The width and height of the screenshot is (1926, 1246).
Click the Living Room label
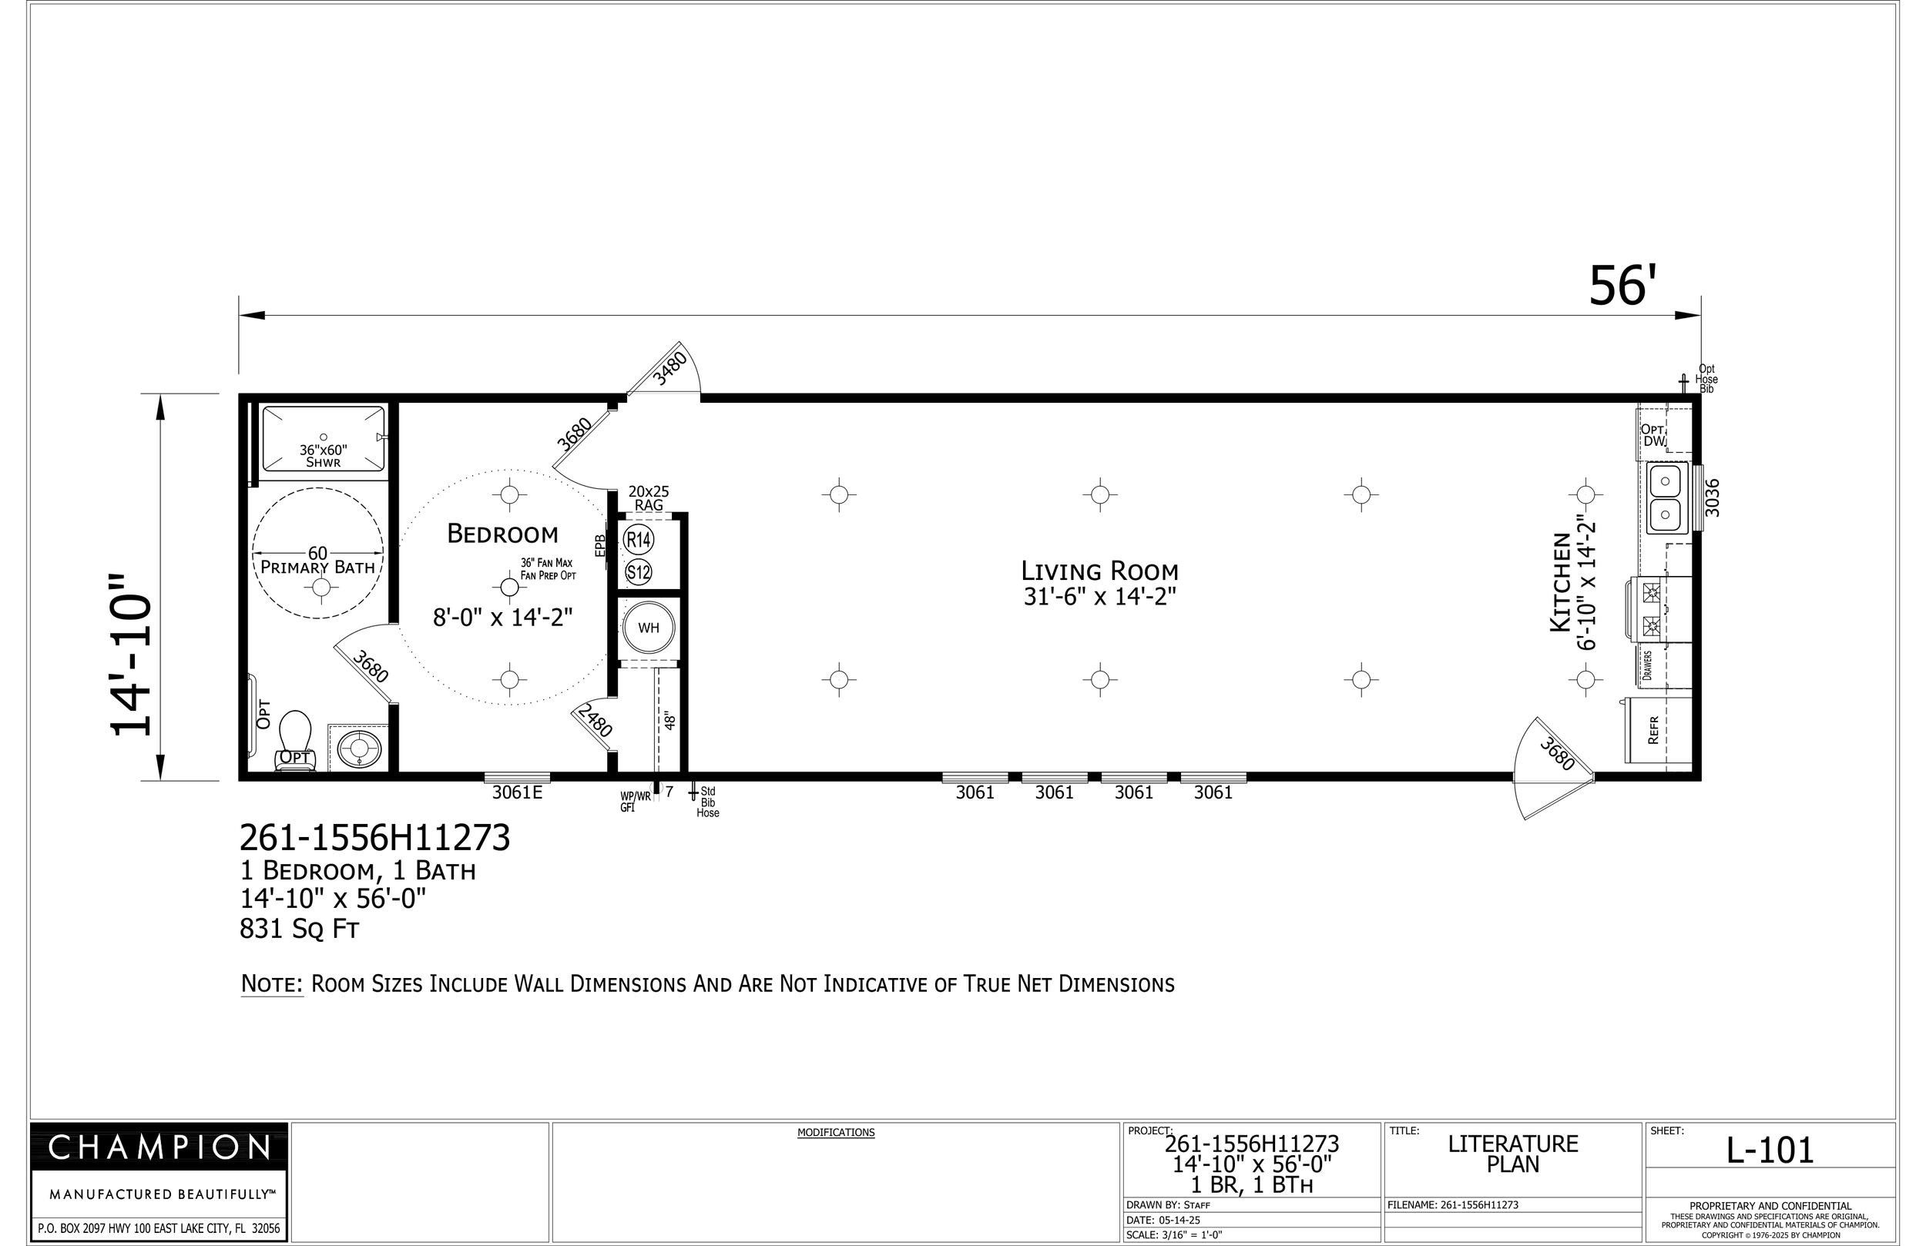tap(1099, 571)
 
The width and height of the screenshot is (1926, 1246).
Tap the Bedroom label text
tap(502, 534)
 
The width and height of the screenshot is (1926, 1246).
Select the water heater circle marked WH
tap(648, 628)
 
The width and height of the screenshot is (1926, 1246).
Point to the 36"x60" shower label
tap(323, 456)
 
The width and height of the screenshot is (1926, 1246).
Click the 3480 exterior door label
tap(670, 368)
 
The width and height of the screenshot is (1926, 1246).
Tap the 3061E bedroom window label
tap(517, 793)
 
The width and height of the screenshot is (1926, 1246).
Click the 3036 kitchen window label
tap(1712, 497)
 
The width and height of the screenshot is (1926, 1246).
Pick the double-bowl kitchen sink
tap(1666, 497)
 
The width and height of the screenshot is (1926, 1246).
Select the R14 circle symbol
tap(639, 540)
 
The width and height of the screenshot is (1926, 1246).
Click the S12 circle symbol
tap(639, 573)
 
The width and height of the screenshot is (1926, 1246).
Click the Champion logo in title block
tap(159, 1147)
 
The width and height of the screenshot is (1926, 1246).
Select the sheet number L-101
tap(1770, 1151)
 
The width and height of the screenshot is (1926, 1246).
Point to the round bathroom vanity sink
tap(358, 748)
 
